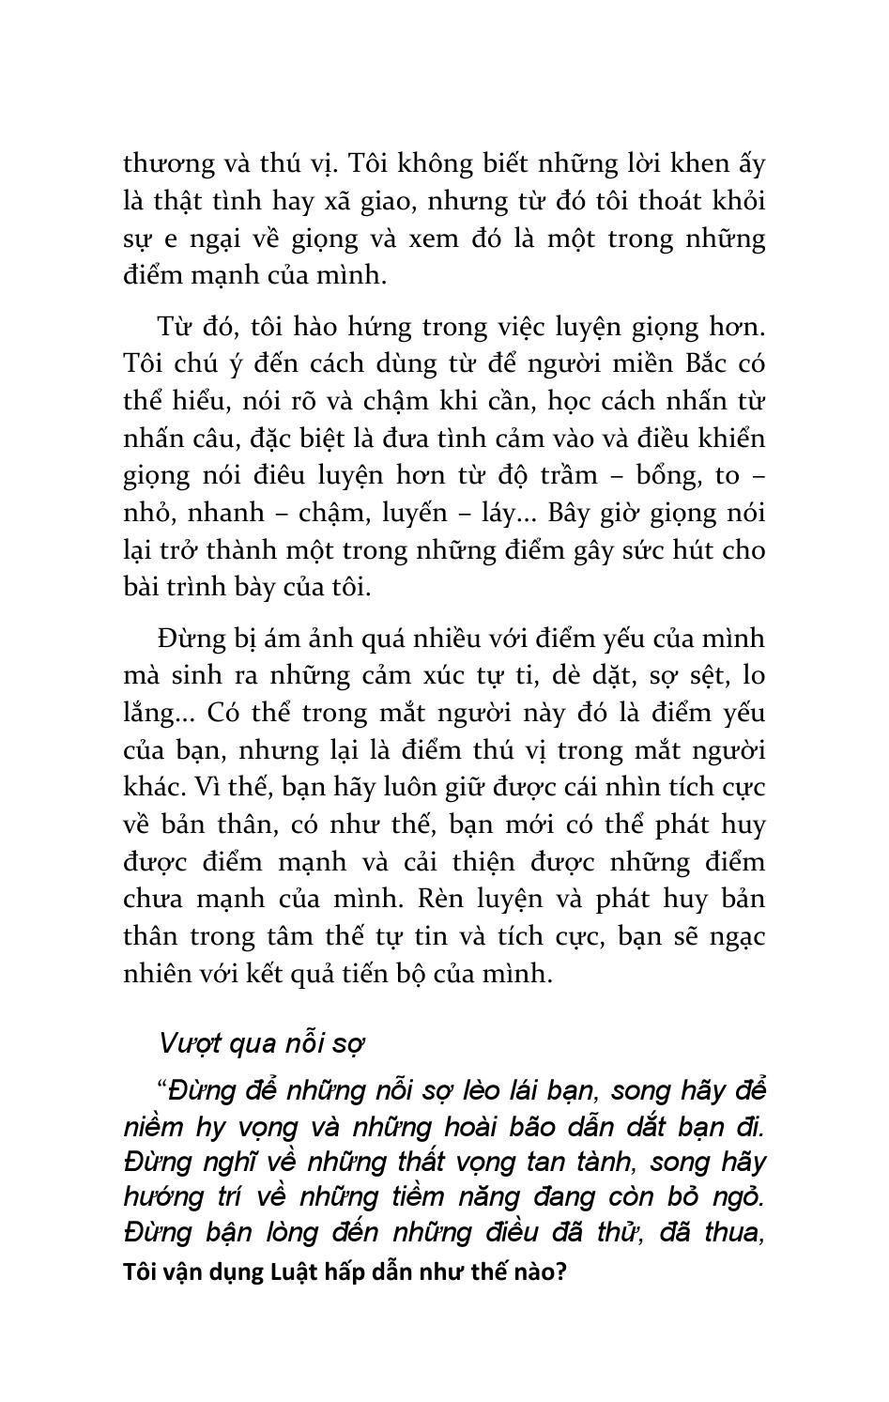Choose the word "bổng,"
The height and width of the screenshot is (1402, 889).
670,475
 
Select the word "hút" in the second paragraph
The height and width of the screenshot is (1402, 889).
698,549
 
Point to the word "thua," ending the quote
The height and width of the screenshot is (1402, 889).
732,1231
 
